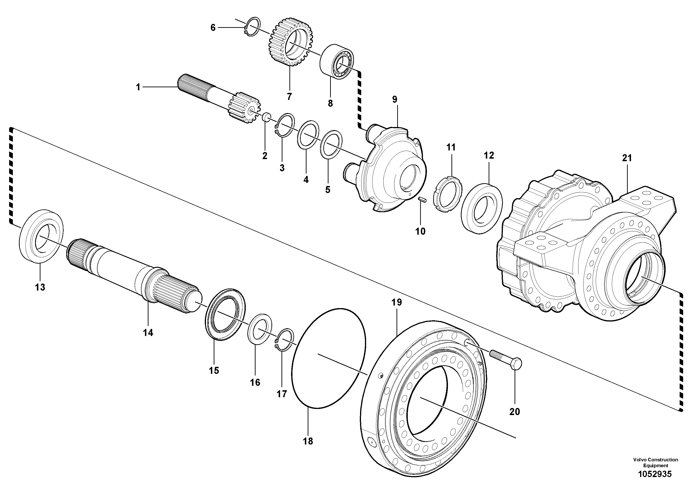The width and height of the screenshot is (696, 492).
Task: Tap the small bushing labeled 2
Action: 266,117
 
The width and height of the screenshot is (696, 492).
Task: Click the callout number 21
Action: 627,158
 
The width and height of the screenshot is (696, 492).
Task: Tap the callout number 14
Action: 148,333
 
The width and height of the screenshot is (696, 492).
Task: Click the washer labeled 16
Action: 260,329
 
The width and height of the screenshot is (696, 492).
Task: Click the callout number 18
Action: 308,441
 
